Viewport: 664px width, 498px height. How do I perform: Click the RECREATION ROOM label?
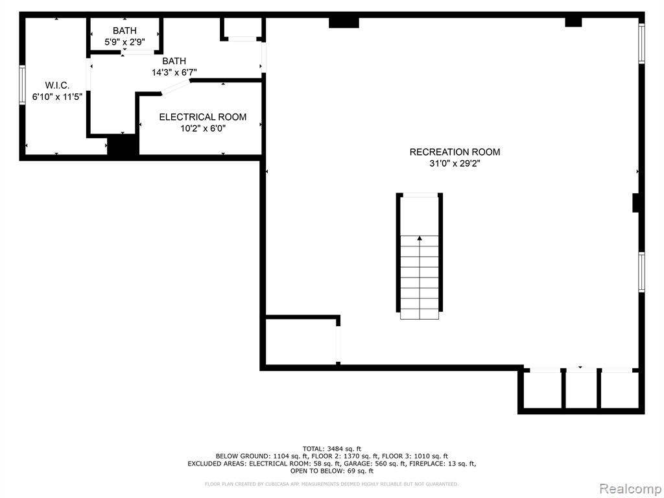tap(455, 152)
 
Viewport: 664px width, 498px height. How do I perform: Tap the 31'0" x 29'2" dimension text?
tap(455, 163)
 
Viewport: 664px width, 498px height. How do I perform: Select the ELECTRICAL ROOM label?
tap(203, 117)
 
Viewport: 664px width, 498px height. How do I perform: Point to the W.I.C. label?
tap(57, 86)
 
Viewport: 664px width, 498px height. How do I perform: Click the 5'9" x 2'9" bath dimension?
tap(124, 42)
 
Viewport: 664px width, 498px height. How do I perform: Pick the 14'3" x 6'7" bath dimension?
tap(174, 73)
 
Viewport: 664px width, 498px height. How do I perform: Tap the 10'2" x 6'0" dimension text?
tap(203, 128)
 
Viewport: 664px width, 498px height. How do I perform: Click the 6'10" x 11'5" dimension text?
tap(57, 97)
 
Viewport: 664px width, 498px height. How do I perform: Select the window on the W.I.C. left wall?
tap(22, 85)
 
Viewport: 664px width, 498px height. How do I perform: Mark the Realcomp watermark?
tap(628, 488)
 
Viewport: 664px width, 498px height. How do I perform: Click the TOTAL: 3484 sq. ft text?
tap(332, 449)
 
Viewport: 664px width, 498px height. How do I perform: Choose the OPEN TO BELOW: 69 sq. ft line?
tap(332, 471)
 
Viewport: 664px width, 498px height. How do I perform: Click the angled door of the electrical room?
tap(176, 86)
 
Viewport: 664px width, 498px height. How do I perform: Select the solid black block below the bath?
tap(123, 146)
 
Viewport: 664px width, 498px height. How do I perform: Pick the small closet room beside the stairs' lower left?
tap(301, 340)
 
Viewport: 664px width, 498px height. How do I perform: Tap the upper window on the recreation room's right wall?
tap(641, 43)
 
